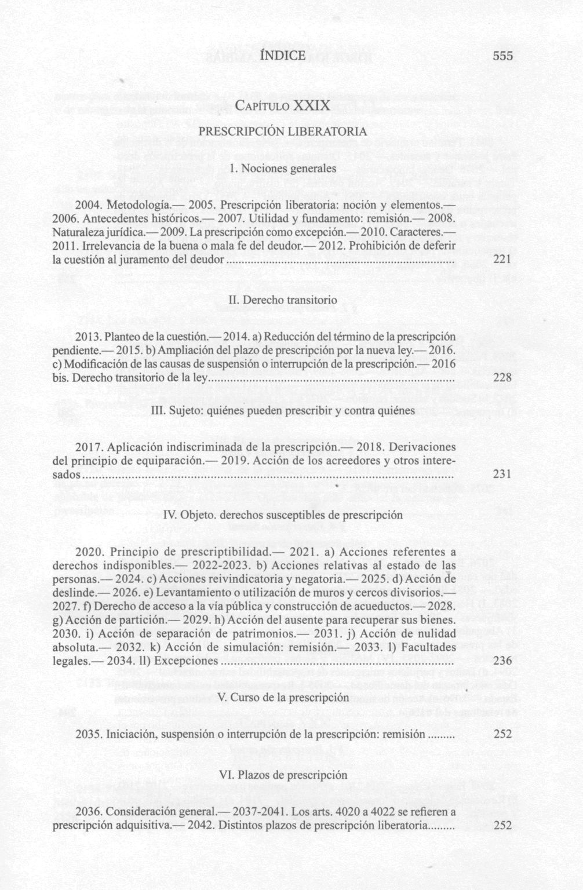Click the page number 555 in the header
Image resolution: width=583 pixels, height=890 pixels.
[503, 56]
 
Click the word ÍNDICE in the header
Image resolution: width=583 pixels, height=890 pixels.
[283, 55]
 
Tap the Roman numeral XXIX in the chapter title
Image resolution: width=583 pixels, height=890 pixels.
[312, 106]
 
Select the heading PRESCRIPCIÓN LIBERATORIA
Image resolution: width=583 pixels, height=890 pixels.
[283, 132]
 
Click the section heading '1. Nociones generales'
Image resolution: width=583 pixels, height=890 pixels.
[283, 169]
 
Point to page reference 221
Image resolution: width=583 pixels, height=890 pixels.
[502, 259]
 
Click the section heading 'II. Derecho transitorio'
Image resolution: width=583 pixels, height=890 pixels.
[283, 300]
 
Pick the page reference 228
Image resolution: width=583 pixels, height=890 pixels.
[502, 377]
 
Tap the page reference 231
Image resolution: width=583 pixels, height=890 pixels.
[502, 474]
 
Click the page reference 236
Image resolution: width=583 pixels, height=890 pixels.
[502, 661]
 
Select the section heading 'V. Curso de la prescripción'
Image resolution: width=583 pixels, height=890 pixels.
[283, 698]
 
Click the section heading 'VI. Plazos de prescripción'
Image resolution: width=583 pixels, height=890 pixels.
[283, 775]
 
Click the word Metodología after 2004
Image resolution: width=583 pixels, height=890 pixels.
[138, 206]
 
